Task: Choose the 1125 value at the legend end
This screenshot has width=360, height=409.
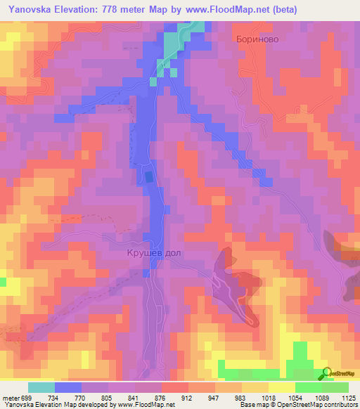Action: (x=347, y=398)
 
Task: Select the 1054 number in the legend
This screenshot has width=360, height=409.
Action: (x=295, y=398)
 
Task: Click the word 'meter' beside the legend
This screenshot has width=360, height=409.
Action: (x=9, y=398)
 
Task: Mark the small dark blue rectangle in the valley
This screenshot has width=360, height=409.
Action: (x=149, y=176)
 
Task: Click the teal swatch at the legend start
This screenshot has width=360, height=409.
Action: (x=41, y=387)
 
